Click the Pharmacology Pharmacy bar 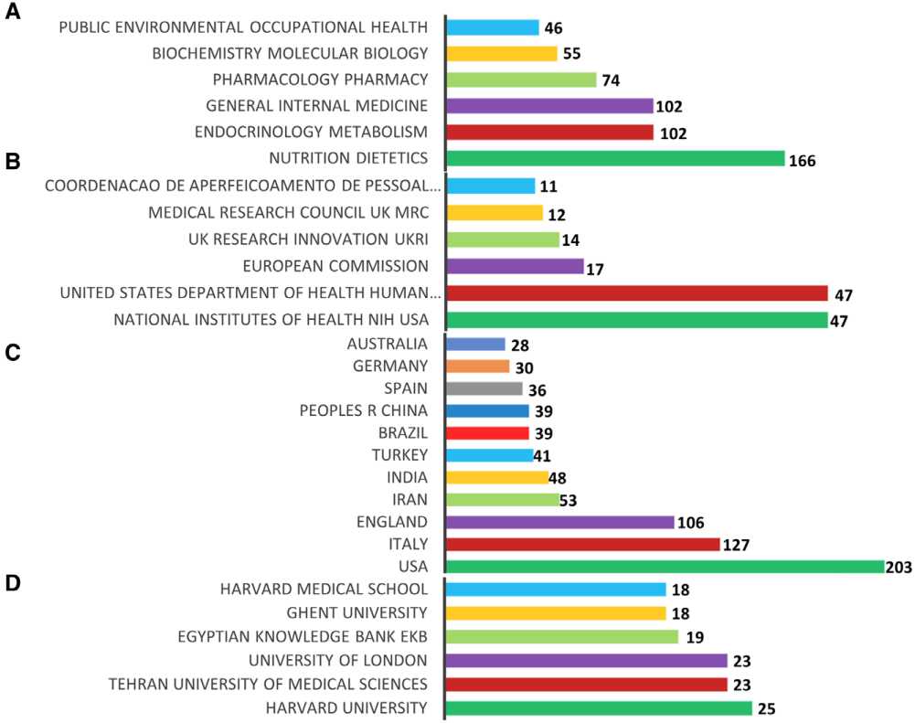pos(521,80)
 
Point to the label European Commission pos(335,266)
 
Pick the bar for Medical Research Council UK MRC pos(495,213)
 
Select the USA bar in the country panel pos(665,567)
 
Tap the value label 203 pos(899,568)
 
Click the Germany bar pos(478,367)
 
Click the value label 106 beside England pos(690,523)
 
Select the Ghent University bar pos(556,612)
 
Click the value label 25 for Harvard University pos(769,708)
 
